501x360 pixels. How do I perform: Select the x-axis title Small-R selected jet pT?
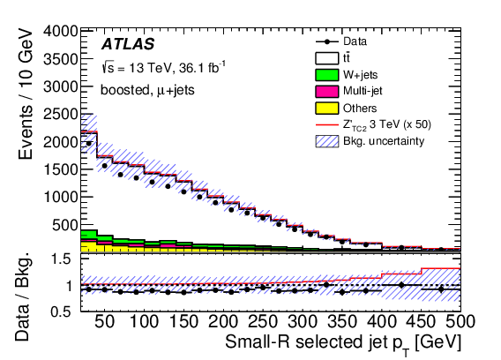tap(343, 342)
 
